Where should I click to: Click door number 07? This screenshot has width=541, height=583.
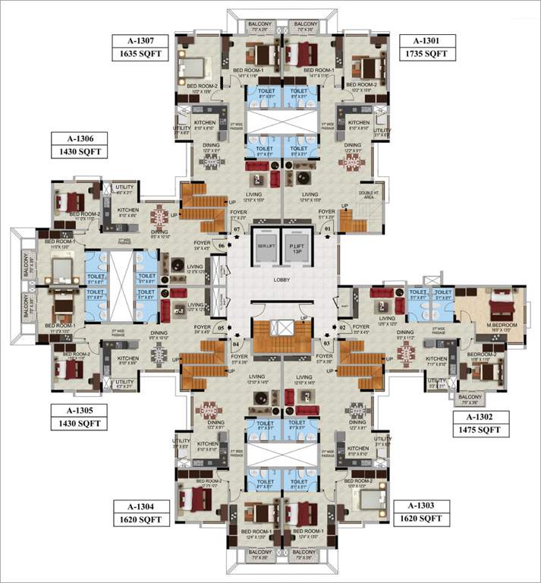(237, 228)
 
